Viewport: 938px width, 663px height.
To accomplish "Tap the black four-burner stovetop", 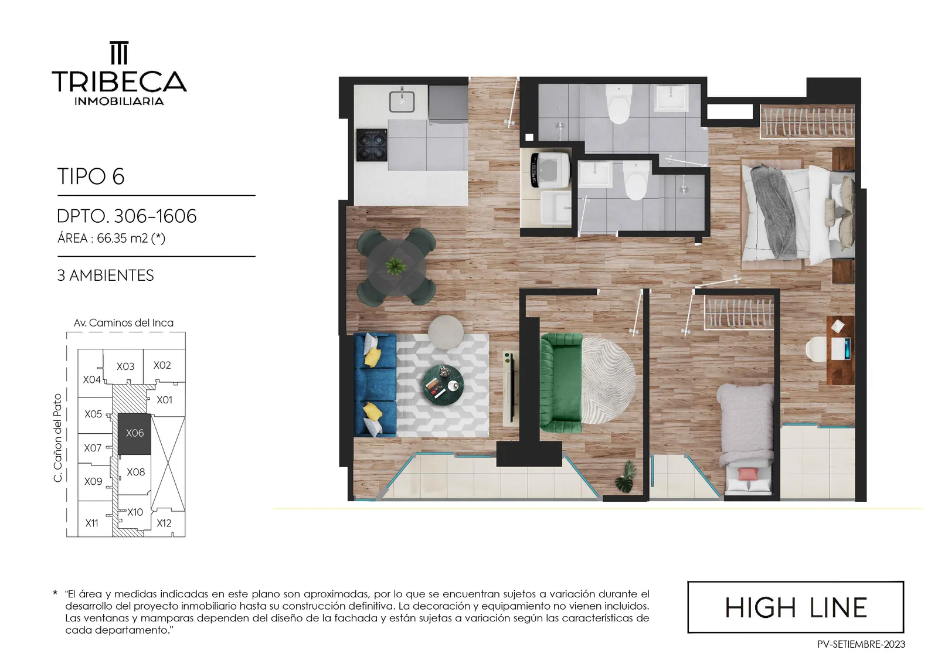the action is [x=372, y=145].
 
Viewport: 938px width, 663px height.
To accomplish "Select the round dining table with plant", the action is [x=396, y=266].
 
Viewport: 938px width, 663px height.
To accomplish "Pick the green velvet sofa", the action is [x=561, y=383].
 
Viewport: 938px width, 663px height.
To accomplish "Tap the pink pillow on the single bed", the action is [x=748, y=474].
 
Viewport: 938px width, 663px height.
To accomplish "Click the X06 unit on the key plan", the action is [x=134, y=433].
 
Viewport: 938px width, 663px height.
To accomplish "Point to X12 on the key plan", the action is [x=164, y=523].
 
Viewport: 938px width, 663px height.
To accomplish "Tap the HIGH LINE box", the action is [x=796, y=607].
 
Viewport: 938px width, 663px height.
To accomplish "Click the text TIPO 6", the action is [x=91, y=176].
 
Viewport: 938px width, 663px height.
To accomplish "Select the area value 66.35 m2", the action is [x=123, y=239].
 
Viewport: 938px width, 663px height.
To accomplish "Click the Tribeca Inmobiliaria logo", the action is [x=119, y=73].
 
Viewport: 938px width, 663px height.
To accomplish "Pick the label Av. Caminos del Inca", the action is [x=124, y=323].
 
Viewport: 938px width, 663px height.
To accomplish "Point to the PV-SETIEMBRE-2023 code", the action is [x=861, y=645].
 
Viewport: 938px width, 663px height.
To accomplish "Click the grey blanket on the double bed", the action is [x=773, y=212].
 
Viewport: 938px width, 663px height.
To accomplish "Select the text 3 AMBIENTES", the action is [x=106, y=276].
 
